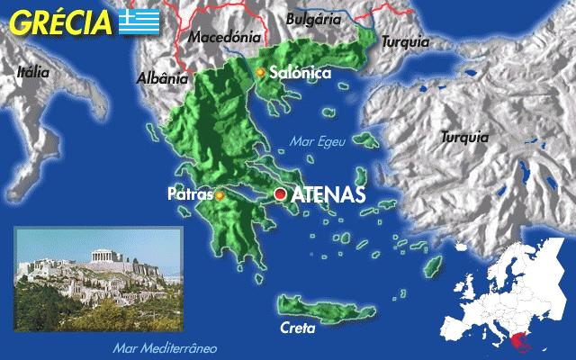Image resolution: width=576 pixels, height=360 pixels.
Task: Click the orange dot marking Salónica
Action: [260, 72]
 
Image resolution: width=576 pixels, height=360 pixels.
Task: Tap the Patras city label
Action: [189, 194]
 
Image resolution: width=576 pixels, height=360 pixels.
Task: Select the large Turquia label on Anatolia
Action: [465, 138]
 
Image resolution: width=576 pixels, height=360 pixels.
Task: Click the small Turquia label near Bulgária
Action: [406, 42]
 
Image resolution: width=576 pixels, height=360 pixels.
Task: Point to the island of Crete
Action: [317, 302]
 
